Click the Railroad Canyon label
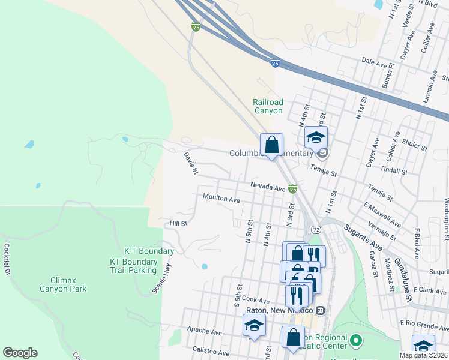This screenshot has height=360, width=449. click(268, 106)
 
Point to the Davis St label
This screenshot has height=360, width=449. click(191, 164)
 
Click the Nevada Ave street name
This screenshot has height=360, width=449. click(268, 187)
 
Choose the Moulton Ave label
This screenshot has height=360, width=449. click(221, 199)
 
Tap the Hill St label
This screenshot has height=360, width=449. click(179, 223)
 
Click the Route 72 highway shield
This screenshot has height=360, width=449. click(315, 229)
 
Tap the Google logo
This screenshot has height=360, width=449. click(20, 353)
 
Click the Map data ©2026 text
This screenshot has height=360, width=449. click(424, 355)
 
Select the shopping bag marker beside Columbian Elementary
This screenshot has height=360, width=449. click(271, 145)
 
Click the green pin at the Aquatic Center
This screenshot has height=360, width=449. click(355, 341)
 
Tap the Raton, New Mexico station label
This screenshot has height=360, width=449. click(280, 310)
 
